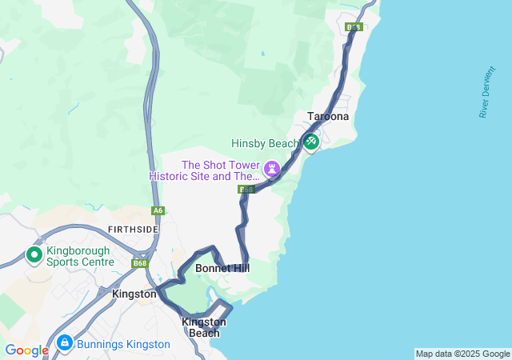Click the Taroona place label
[x=328, y=117]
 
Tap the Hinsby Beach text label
[x=264, y=144]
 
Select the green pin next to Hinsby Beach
[x=310, y=142]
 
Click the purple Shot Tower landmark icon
[x=272, y=169]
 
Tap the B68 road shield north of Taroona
[x=354, y=27]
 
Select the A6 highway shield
[x=158, y=211]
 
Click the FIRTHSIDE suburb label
[x=134, y=230]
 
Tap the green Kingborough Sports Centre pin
[x=34, y=254]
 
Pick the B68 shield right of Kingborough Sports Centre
[x=141, y=263]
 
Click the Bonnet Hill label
[x=222, y=269]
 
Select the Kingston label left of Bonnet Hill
[x=134, y=294]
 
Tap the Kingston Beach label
[x=204, y=327]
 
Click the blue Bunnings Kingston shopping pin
[x=65, y=344]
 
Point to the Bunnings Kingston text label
[x=124, y=345]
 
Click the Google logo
[x=26, y=350]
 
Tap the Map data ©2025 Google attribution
[x=462, y=354]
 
